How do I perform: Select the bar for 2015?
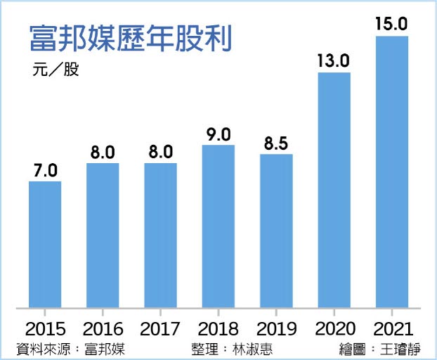45,244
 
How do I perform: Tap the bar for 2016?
103,236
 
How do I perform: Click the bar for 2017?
160,236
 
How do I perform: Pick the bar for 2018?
218,226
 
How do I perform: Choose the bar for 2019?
276,231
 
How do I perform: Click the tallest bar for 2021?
391,172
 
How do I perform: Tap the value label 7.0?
45,170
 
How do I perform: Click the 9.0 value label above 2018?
218,134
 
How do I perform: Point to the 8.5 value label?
276,143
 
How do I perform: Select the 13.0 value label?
334,60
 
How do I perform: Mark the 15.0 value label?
391,24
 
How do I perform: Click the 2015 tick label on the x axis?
45,328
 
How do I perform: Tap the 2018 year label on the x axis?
218,328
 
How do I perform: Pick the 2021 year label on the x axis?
391,328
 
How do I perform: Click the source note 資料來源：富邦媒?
70,348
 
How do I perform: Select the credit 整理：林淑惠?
231,348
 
